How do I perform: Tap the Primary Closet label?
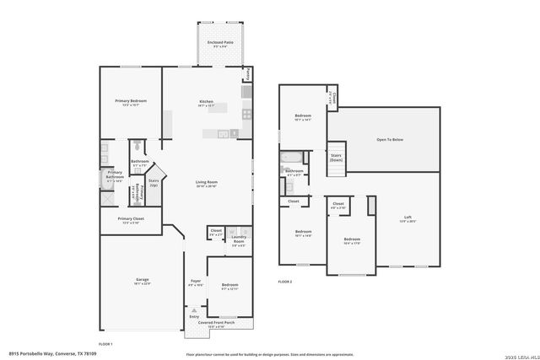(131, 221)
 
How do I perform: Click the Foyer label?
(195, 282)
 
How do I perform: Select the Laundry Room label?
(238, 241)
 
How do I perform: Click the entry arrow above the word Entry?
(195, 309)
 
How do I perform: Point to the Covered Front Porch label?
(217, 324)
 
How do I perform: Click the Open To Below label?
(389, 139)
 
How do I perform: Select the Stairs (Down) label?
(336, 157)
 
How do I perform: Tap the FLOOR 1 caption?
(105, 344)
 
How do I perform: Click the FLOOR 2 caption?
(284, 281)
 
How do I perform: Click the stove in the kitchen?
(247, 114)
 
